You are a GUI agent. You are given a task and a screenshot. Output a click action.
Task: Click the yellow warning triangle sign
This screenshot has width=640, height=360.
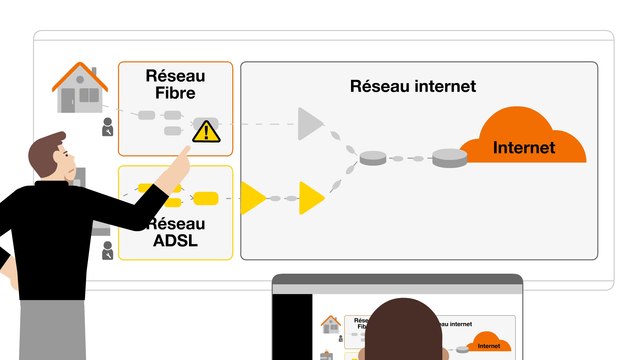tap(205, 130)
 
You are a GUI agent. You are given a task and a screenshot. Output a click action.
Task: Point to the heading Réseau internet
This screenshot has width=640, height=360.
tap(413, 86)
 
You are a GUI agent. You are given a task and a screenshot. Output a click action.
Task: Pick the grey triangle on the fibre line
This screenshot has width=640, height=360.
tap(310, 124)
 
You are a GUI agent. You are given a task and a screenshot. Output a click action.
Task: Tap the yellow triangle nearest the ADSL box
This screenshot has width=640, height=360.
tap(251, 198)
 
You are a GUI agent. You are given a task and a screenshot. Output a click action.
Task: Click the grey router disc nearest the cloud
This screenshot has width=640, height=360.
tap(449, 157)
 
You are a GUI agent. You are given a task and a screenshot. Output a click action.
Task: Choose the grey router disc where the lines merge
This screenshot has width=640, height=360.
tap(373, 157)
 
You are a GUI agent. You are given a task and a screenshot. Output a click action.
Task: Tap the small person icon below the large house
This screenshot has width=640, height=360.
tap(108, 127)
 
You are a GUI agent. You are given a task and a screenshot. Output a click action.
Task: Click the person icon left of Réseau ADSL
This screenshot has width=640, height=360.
tap(108, 250)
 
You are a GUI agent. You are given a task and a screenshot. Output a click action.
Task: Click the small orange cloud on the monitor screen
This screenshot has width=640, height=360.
tap(487, 342)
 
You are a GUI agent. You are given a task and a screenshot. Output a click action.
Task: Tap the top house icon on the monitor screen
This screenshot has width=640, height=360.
tap(331, 324)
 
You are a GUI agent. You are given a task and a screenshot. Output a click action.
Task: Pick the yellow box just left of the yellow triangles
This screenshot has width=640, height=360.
tap(205, 197)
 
